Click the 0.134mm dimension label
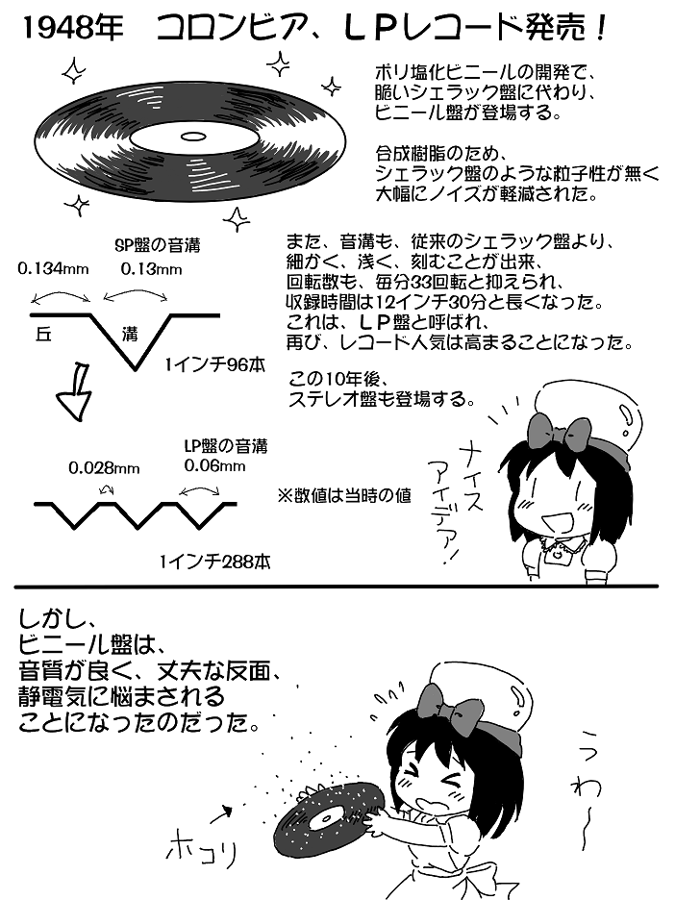pos(53,269)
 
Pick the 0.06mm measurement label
pos(216,466)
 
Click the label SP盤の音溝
pos(157,246)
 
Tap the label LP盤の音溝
pos(225,446)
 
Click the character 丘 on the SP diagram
pos(42,334)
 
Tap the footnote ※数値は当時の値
pos(343,496)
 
